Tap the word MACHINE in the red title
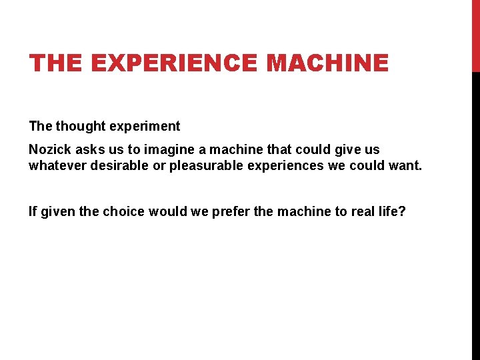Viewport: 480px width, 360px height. tap(327, 63)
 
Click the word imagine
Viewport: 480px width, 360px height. tap(159, 150)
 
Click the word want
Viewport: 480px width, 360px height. tap(406, 165)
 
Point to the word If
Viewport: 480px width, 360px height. tap(33, 211)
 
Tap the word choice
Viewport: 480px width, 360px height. tap(123, 211)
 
